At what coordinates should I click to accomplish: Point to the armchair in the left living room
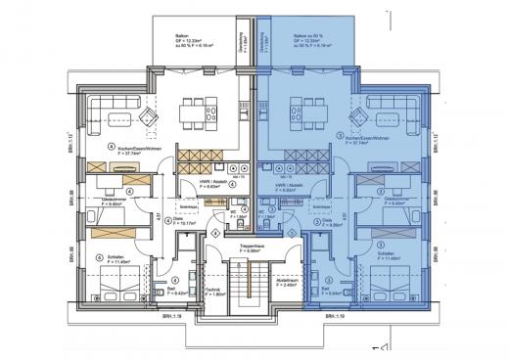148,119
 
